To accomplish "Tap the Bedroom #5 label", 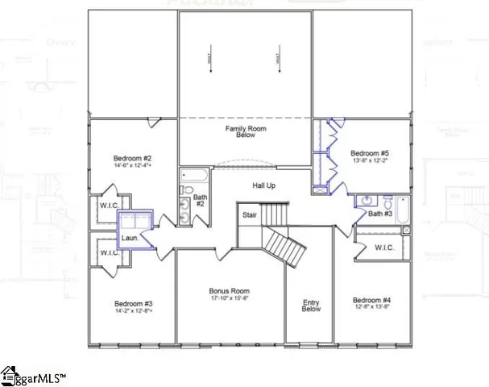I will point(370,152).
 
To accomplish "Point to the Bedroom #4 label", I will point(371,299).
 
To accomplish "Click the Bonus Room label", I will point(229,291).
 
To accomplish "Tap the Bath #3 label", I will point(380,214).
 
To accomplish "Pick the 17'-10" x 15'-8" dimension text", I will point(229,300).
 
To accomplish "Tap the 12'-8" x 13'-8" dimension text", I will point(371,307).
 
